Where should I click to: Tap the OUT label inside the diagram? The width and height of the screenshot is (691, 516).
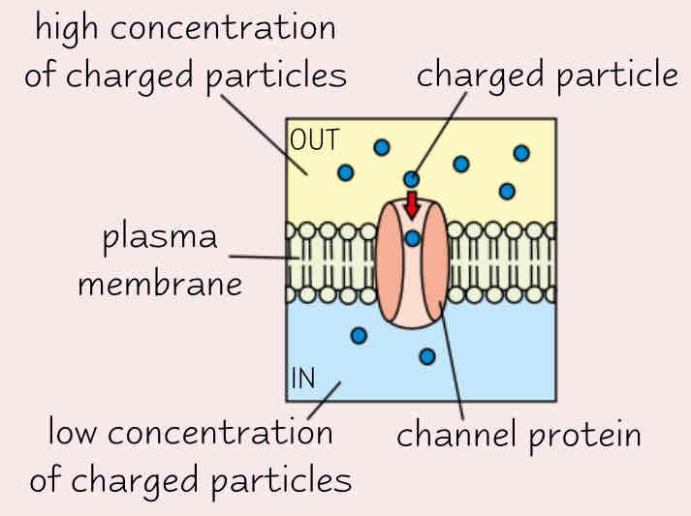pos(315,139)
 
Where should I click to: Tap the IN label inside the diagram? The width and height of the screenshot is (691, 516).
pos(303,379)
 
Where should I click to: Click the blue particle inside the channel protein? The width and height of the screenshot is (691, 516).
pos(412,238)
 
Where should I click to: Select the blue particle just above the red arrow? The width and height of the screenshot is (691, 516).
pos(412,178)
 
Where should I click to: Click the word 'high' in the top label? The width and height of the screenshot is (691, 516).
pos(70,30)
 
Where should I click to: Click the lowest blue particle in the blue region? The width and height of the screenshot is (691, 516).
pos(426,356)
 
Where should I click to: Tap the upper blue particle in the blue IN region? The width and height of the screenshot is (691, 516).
pos(359,335)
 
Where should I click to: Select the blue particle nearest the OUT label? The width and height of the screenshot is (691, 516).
pos(345,172)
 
